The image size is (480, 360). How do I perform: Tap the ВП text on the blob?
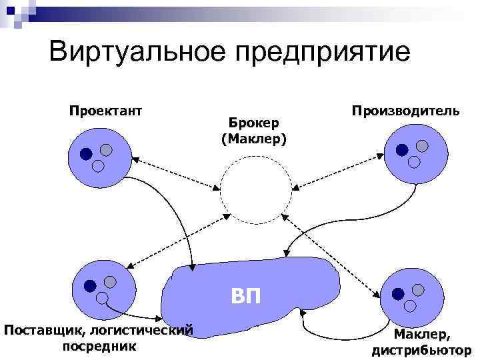[246, 293]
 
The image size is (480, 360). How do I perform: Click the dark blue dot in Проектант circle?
[86, 154]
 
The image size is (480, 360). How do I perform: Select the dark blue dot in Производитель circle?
[401, 150]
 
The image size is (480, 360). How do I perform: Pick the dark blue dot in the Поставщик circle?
[90, 286]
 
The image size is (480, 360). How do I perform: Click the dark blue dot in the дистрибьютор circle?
[398, 293]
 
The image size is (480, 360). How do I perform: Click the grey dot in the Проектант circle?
[105, 150]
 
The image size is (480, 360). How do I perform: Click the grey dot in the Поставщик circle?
[111, 282]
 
